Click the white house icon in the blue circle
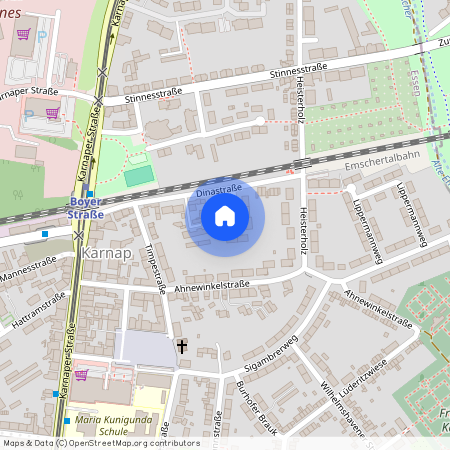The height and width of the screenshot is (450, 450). click(225, 215)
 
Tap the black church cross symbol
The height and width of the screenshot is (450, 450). click(181, 346)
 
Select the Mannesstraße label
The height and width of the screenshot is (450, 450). click(28, 269)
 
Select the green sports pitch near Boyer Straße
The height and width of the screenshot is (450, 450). click(140, 176)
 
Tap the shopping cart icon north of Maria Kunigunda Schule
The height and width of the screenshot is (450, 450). click(81, 375)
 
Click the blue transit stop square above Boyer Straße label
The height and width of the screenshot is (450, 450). click(91, 194)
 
